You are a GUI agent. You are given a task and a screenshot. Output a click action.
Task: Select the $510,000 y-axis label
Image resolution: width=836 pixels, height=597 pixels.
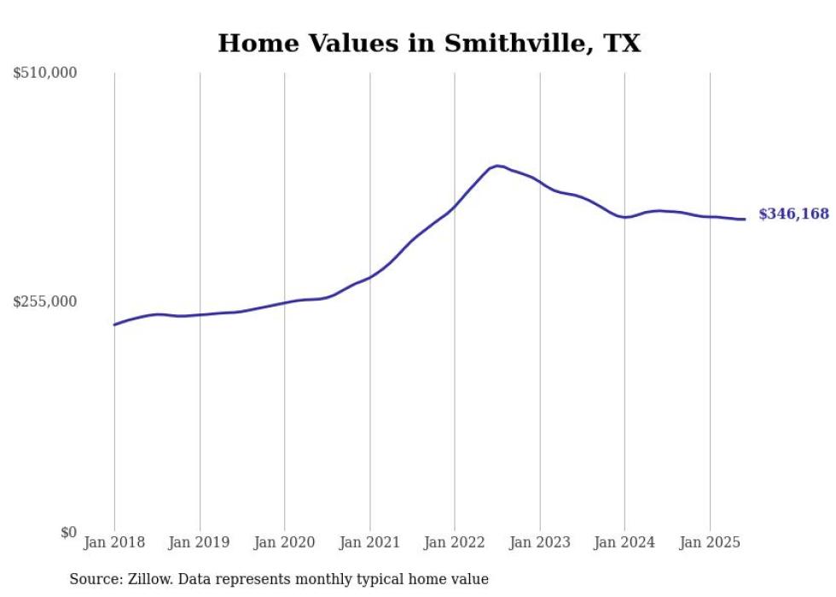pos(45,73)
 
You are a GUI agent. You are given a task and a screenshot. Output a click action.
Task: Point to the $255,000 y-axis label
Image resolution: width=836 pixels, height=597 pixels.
pos(45,301)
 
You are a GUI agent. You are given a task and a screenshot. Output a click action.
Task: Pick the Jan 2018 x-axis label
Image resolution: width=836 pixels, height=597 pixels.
pos(114,542)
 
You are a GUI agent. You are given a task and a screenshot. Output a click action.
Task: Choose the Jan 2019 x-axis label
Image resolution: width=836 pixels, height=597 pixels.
pos(200,542)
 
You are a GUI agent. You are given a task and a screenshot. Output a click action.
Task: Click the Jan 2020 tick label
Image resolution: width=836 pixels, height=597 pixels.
pos(285,542)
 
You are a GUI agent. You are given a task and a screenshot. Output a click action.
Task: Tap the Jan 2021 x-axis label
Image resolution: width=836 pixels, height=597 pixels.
pos(369,542)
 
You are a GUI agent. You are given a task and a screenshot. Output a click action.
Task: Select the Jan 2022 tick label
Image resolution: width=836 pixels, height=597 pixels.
pos(455,542)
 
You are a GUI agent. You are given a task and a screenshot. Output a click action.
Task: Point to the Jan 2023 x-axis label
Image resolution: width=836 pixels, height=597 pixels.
pos(539,542)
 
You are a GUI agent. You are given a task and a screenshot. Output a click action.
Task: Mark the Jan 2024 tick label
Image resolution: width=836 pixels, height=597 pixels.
pos(624,542)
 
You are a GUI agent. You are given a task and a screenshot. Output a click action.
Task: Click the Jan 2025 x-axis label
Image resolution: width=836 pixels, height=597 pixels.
pos(710,542)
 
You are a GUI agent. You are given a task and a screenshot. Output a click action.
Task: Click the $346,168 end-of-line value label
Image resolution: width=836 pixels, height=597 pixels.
pos(793,214)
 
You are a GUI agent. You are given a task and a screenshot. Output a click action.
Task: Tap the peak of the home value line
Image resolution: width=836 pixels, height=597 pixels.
pos(497,166)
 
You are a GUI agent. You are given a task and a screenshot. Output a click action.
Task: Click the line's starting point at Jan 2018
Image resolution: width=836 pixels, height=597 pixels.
pos(114,325)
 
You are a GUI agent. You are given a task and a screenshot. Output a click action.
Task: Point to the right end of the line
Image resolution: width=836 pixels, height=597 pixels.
pos(746,219)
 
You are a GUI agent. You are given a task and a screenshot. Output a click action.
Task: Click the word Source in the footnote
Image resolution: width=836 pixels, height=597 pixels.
pos(93,579)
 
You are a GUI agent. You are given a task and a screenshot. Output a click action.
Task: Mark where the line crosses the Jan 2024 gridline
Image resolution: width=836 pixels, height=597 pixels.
pos(624,217)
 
